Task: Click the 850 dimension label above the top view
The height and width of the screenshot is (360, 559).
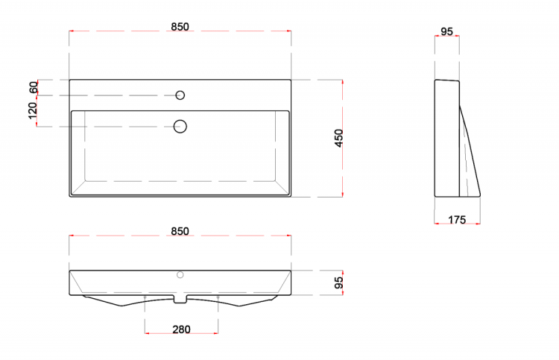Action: click(x=180, y=27)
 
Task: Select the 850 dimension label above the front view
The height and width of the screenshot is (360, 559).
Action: click(x=180, y=231)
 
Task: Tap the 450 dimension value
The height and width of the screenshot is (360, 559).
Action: click(x=338, y=138)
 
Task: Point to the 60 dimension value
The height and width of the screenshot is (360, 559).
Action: click(x=34, y=87)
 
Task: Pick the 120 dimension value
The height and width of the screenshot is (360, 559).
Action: click(x=33, y=110)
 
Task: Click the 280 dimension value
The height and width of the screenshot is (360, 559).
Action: click(x=181, y=329)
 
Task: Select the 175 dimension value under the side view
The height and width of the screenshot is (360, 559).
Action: click(x=457, y=220)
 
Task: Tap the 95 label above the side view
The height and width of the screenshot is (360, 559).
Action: click(x=446, y=32)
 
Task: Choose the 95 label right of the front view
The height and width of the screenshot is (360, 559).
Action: click(x=338, y=282)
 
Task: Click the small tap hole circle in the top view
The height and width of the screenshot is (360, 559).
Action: click(x=180, y=95)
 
